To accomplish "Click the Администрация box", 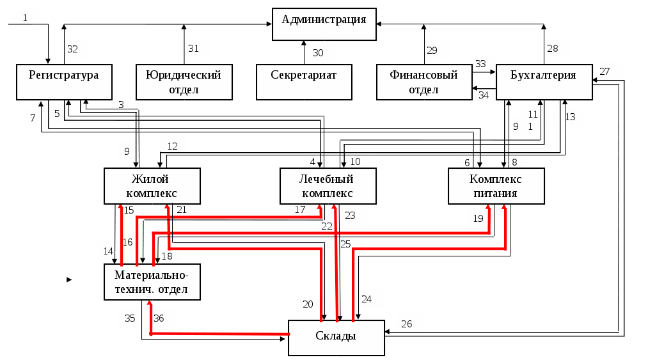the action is pos(324,24).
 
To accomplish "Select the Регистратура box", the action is pos(64,82).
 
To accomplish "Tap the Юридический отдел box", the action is pos(184,82).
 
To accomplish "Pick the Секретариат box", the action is pos(304,82).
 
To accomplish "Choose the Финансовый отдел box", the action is pos(424,82).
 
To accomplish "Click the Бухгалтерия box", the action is pos(544,82).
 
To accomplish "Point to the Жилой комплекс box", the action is pos(152,186).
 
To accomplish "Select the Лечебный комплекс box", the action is pos(328,186).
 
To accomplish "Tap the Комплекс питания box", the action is pos(496,186).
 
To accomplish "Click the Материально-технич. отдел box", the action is pos(152,282).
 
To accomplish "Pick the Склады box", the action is pos(336,338).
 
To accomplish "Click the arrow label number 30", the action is pos(318,53).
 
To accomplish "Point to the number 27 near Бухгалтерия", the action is pos(605,72).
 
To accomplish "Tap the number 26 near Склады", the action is pos(407,324).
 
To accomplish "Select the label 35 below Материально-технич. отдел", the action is pos(130,318).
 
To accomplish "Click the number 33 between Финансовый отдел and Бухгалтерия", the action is pos(480,64).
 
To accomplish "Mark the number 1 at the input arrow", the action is pos(25,18).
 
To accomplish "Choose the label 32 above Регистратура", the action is pos(72,49).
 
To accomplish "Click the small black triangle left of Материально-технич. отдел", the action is pos(69,280).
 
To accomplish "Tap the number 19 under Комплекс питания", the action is pos(478,219).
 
